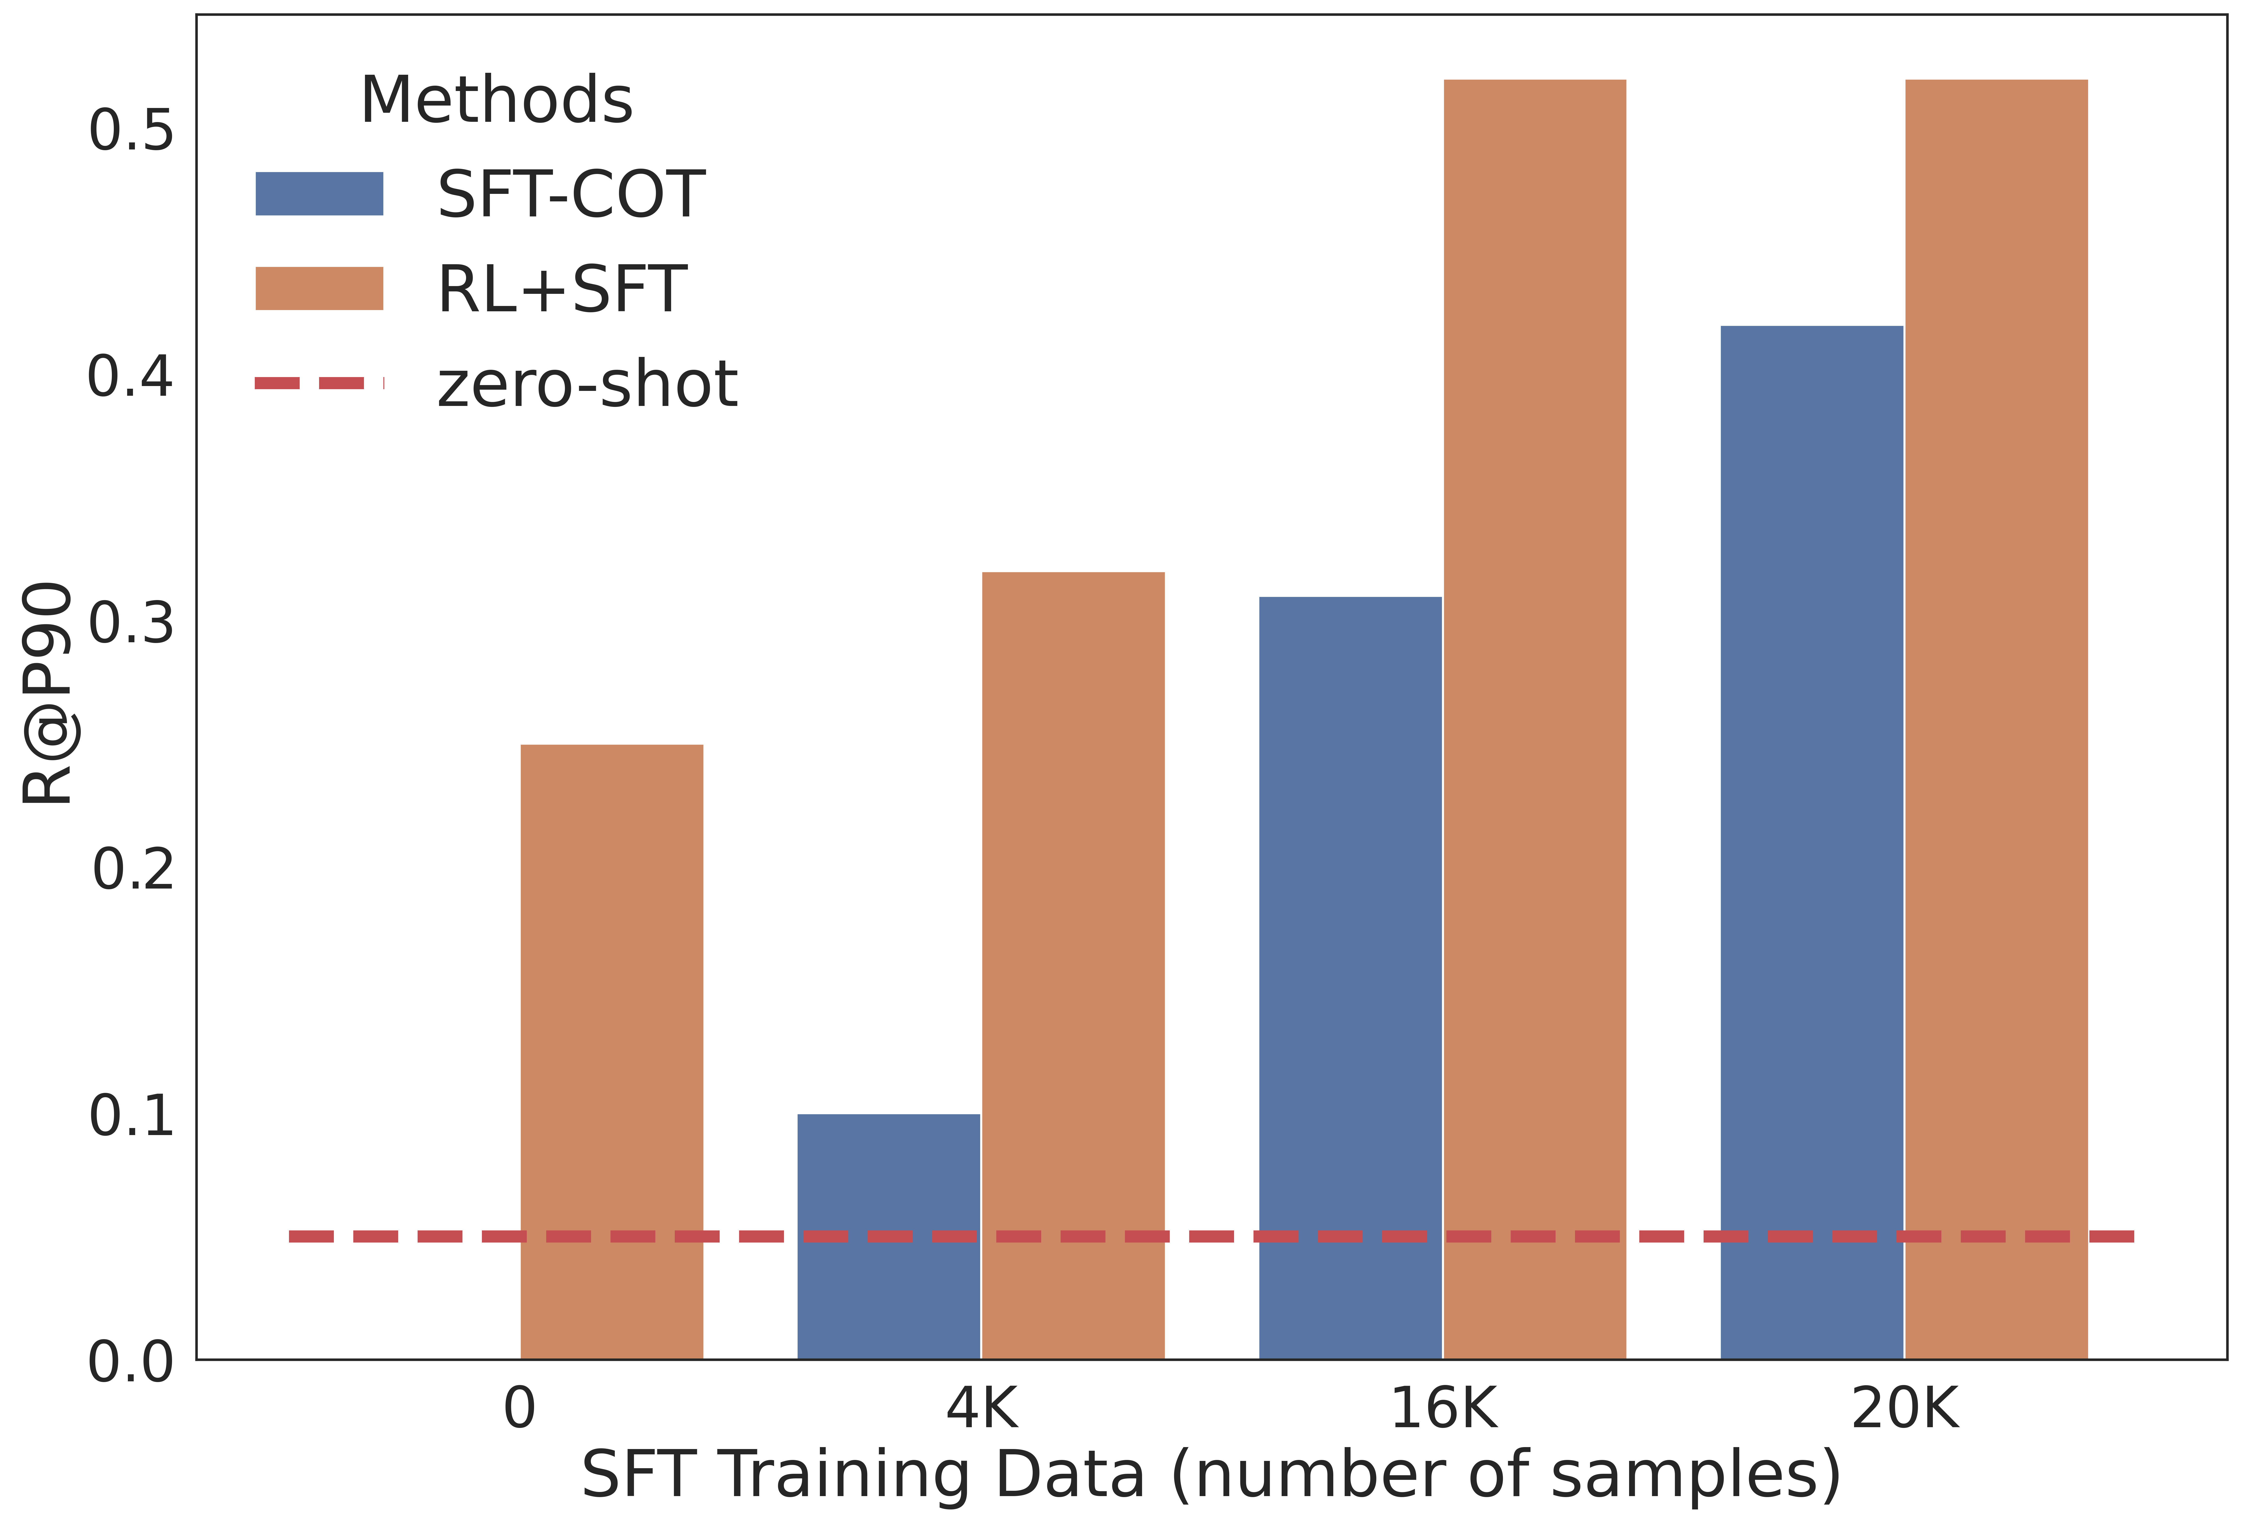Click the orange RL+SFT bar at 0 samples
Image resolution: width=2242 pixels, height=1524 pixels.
coord(612,1051)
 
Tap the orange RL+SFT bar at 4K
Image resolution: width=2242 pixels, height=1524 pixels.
coord(1073,964)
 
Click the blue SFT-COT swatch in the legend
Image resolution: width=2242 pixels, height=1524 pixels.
coord(319,194)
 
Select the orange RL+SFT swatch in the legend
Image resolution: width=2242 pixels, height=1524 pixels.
coord(319,288)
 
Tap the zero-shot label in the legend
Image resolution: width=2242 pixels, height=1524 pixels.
coord(586,384)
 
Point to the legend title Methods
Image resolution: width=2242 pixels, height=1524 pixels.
coord(496,100)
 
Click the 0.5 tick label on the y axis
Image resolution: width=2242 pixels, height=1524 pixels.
coord(131,130)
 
